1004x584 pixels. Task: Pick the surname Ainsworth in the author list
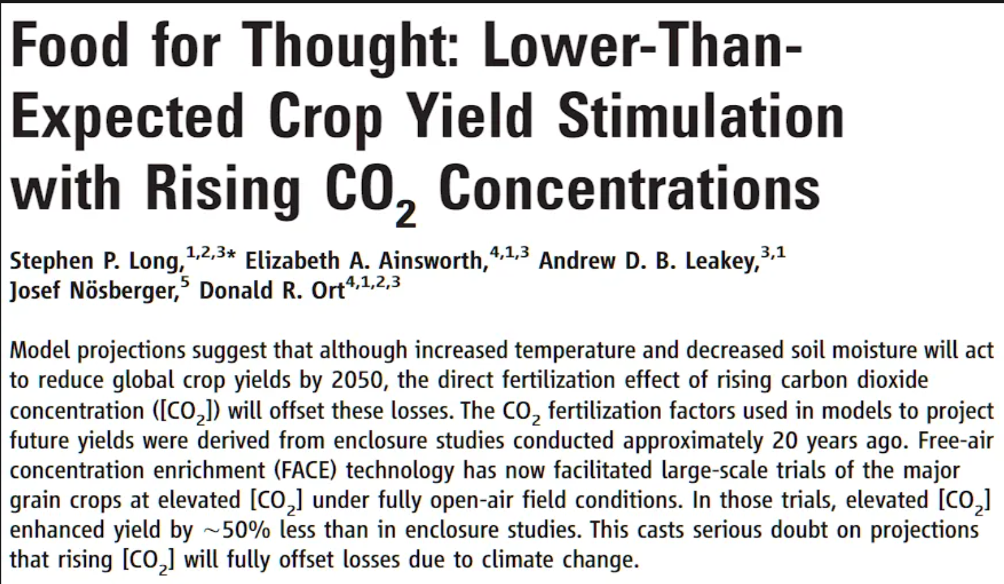tap(433, 261)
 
